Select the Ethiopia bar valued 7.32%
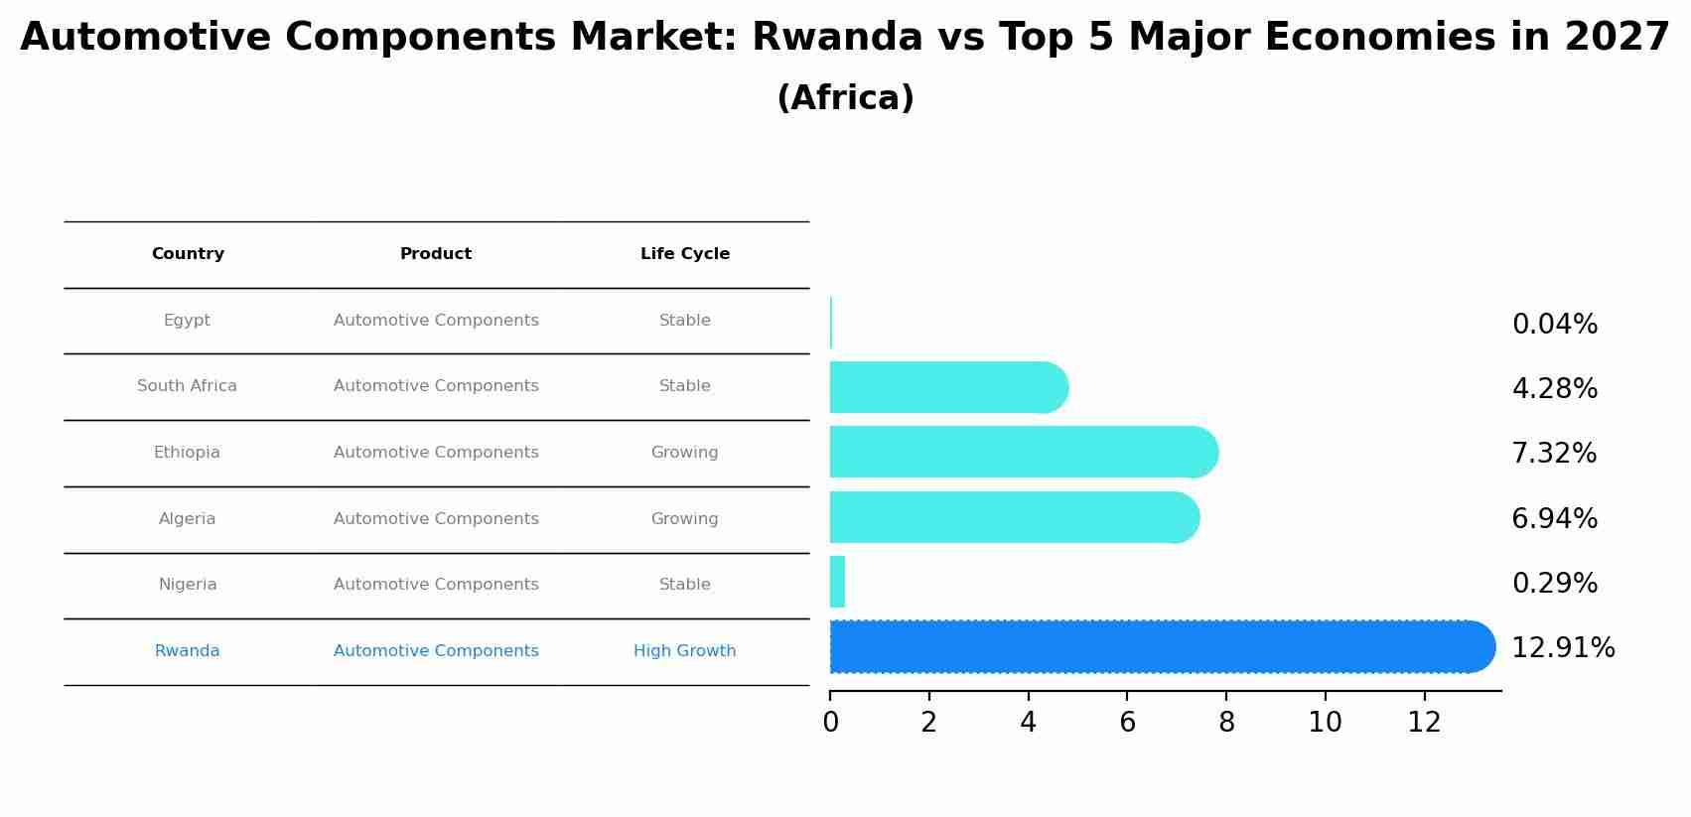[x=1023, y=453]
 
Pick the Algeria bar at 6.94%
[x=1013, y=517]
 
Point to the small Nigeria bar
[x=837, y=582]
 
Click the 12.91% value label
[x=1563, y=648]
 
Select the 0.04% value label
[x=1554, y=325]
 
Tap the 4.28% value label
[x=1554, y=389]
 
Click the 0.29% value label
[x=1554, y=584]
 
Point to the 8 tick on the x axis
[x=1226, y=723]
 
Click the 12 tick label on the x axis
[x=1424, y=723]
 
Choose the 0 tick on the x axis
[x=830, y=723]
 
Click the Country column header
[x=188, y=254]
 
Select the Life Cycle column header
[x=685, y=254]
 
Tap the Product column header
[x=436, y=254]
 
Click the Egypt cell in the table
[x=187, y=321]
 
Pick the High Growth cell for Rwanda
[x=685, y=651]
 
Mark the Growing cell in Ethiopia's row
[x=685, y=453]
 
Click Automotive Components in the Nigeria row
[x=436, y=585]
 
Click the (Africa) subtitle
[x=845, y=98]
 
